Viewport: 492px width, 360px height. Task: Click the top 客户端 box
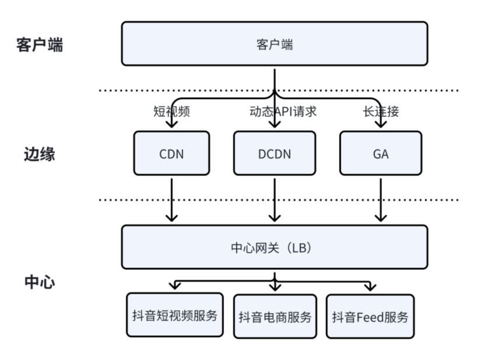click(274, 44)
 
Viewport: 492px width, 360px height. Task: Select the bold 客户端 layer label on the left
click(40, 45)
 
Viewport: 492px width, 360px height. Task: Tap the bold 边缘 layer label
click(40, 154)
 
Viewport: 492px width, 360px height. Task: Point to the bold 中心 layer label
click(40, 282)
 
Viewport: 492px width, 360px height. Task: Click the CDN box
click(171, 153)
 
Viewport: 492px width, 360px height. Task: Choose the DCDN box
click(274, 153)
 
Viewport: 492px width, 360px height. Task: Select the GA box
click(380, 153)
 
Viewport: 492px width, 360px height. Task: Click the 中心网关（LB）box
click(274, 247)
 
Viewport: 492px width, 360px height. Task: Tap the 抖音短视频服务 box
click(175, 315)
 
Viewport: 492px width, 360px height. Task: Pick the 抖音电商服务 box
click(275, 317)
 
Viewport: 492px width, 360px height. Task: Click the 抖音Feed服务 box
click(370, 317)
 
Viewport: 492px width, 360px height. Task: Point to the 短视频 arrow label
click(171, 111)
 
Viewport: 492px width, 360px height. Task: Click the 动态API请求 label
click(275, 111)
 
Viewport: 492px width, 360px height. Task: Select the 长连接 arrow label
click(381, 111)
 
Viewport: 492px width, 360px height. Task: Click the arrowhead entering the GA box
click(381, 124)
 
